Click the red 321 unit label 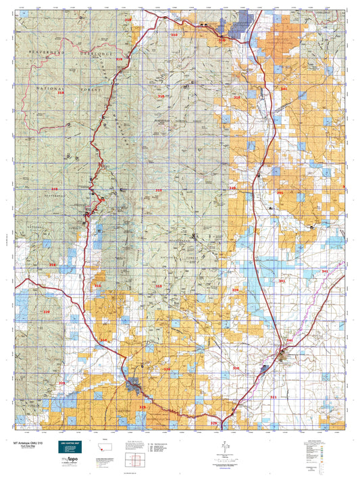pos(274,398)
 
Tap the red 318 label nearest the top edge pos(128,21)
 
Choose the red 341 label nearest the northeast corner pos(284,88)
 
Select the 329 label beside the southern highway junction pos(214,423)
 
